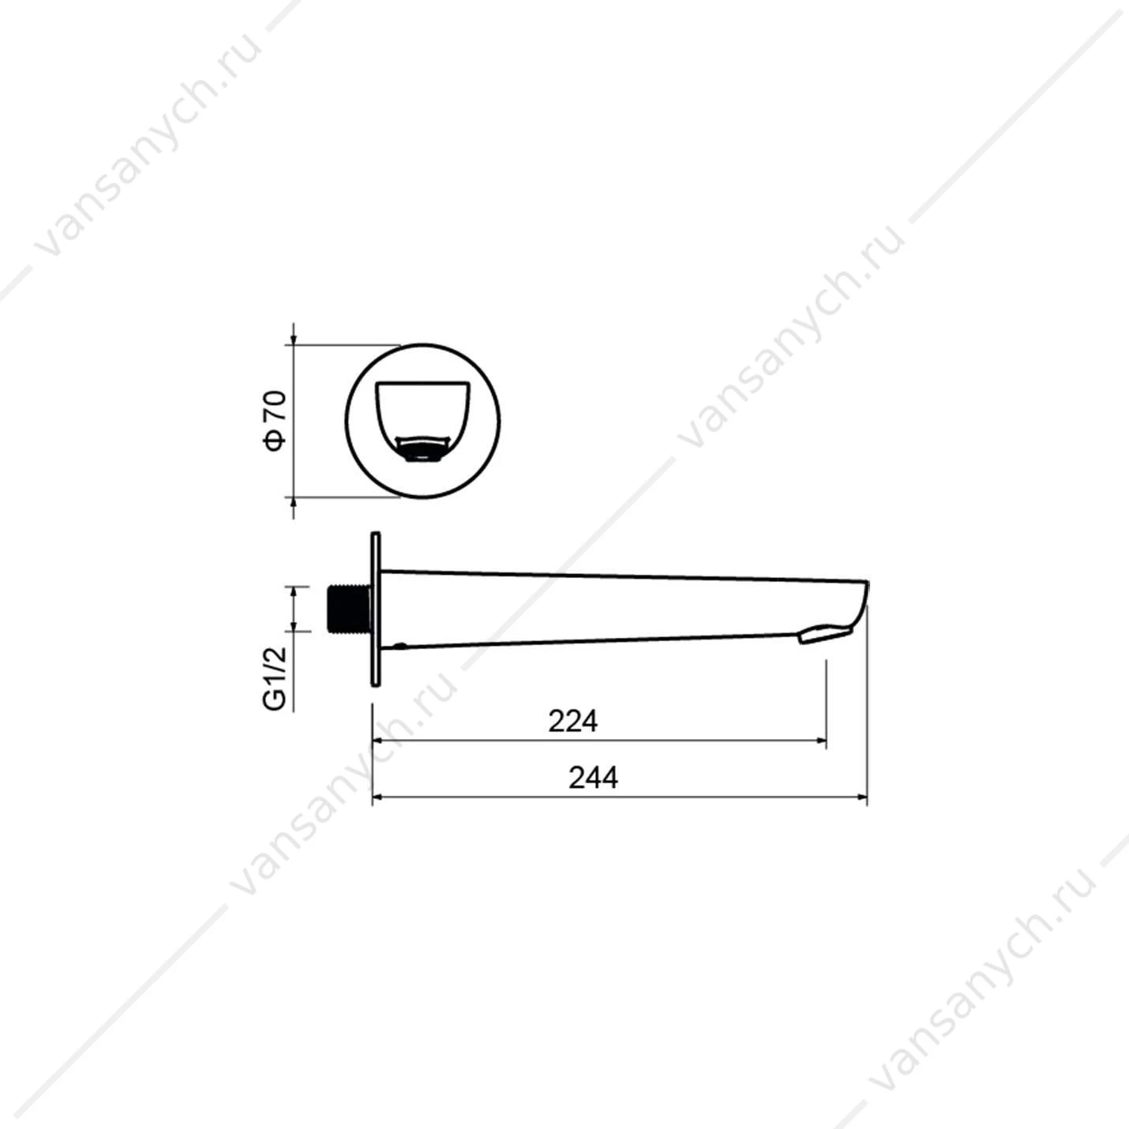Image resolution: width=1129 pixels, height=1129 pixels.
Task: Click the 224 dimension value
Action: (x=573, y=722)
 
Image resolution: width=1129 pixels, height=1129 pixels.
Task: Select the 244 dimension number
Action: (x=593, y=778)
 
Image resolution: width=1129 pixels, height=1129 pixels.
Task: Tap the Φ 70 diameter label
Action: (x=275, y=421)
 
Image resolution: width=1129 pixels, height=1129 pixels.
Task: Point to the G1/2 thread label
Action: (x=275, y=678)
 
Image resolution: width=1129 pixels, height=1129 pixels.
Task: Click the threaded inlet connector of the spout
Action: (x=347, y=609)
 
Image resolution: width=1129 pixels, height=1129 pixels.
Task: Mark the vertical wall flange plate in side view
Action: (x=376, y=609)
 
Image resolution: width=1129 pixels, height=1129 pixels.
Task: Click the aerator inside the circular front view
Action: (x=422, y=448)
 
